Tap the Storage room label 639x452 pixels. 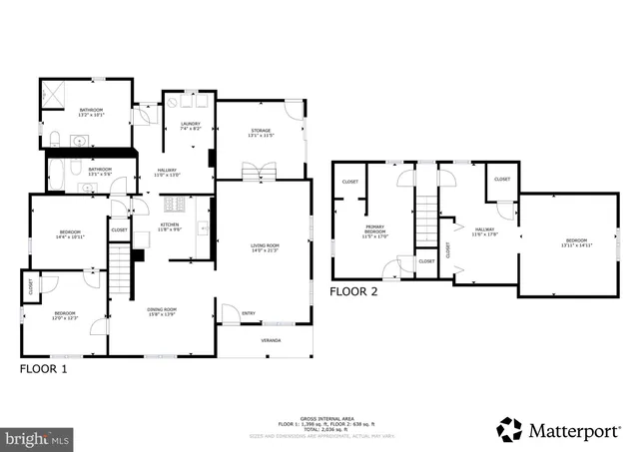click(x=260, y=134)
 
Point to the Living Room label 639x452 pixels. click(x=265, y=247)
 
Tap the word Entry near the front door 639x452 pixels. click(x=249, y=314)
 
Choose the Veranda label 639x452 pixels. click(x=272, y=340)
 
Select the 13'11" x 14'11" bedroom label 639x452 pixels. click(x=577, y=242)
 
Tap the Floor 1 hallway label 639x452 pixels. click(x=168, y=173)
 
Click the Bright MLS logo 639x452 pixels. click(x=38, y=438)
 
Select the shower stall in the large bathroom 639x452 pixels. click(x=55, y=98)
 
